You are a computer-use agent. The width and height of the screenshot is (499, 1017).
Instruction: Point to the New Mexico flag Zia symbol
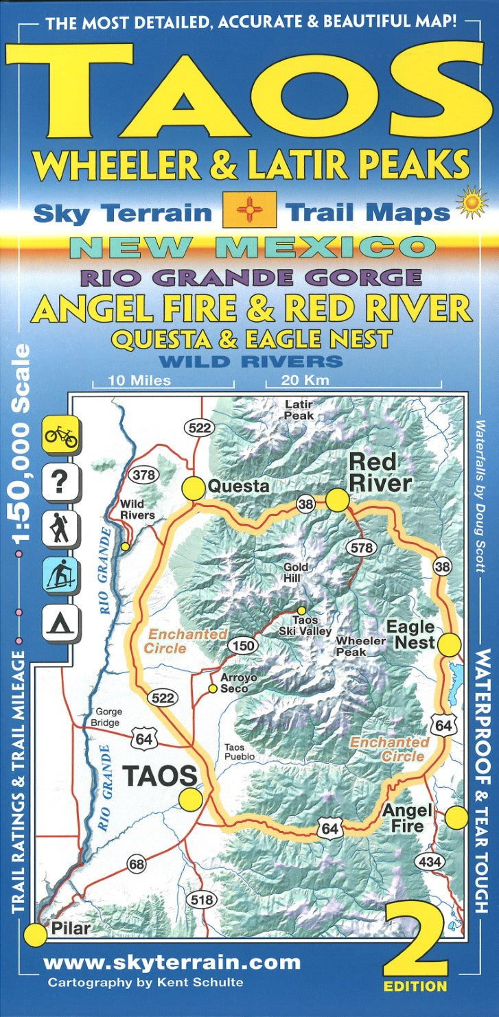(250, 210)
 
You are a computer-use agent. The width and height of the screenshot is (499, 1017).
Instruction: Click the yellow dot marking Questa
(194, 488)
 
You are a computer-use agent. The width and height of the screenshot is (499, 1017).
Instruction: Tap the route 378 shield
(145, 475)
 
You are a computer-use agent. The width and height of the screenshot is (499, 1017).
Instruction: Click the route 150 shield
(245, 646)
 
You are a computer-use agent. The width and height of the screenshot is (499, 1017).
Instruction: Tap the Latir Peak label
(299, 410)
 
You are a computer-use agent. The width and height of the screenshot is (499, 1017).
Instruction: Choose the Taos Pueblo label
(240, 752)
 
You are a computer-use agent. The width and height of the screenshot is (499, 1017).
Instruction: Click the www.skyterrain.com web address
(172, 962)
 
